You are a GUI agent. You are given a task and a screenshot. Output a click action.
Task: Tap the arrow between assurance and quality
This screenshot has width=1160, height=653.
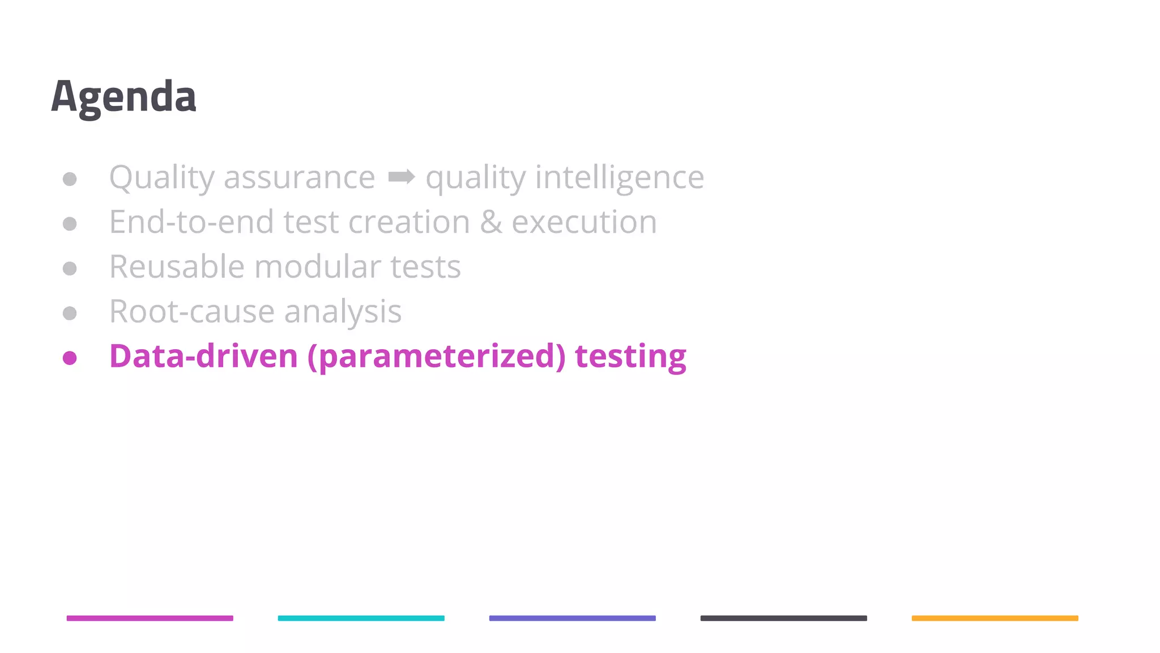pyautogui.click(x=401, y=177)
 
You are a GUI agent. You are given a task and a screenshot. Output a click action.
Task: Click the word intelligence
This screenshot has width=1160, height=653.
pyautogui.click(x=619, y=178)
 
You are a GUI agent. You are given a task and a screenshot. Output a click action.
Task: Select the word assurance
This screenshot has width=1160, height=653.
pyautogui.click(x=299, y=178)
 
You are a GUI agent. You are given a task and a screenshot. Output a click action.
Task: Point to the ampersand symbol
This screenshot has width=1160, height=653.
pyautogui.click(x=491, y=222)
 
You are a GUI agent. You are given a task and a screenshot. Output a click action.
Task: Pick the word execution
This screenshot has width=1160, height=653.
pyautogui.click(x=584, y=222)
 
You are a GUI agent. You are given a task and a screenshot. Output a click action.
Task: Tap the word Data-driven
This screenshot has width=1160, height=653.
pyautogui.click(x=203, y=357)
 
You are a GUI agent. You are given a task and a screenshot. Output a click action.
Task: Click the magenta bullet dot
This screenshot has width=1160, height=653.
pyautogui.click(x=70, y=358)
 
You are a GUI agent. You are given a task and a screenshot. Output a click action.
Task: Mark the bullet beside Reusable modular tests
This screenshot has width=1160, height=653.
pyautogui.click(x=70, y=268)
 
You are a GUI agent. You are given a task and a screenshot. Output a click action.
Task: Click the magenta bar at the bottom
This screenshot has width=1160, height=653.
pyautogui.click(x=150, y=618)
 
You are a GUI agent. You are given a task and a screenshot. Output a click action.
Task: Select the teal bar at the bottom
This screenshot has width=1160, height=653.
pyautogui.click(x=361, y=618)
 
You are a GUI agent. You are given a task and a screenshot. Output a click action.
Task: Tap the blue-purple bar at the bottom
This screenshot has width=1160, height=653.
pyautogui.click(x=572, y=618)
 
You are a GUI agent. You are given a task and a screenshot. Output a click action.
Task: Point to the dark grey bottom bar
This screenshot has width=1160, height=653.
pyautogui.click(x=783, y=618)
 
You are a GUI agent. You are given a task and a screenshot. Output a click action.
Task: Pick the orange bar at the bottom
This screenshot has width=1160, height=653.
pyautogui.click(x=995, y=618)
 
